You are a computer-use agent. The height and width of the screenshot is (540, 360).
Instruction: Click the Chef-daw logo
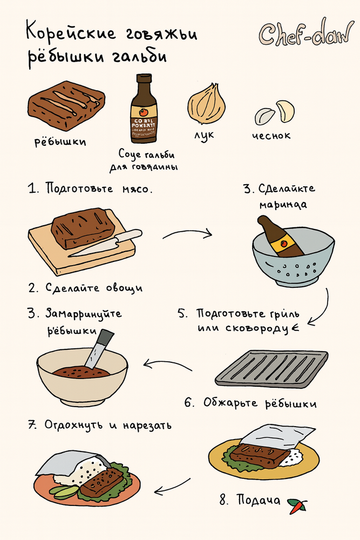pos(305,33)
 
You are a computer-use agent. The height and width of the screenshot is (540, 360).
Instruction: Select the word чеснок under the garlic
pos(271,136)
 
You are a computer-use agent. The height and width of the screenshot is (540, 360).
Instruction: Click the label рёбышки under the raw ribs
pos(60,143)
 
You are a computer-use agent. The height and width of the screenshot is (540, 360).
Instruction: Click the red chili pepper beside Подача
pos(296,505)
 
